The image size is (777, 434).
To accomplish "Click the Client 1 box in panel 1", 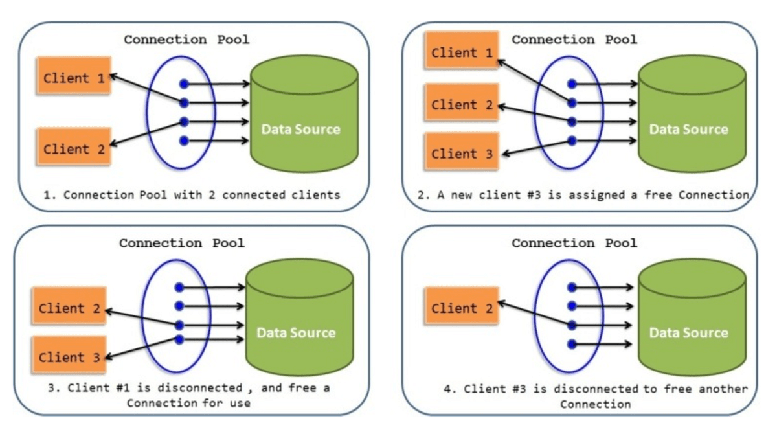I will point(74,78).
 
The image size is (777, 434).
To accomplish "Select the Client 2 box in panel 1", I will point(74,148).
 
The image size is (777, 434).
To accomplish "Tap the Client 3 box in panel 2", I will point(462,154).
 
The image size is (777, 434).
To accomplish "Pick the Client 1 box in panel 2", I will point(462,52).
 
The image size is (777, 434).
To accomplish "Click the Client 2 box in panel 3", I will point(69,308).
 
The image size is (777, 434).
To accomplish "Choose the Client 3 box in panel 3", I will point(69,357).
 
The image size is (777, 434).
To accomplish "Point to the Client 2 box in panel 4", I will point(462,308).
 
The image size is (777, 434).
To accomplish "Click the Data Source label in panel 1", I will point(300,129).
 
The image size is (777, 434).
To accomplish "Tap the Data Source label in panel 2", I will point(688,129).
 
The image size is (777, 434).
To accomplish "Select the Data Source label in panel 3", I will point(296,333).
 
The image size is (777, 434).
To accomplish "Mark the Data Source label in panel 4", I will point(688,333).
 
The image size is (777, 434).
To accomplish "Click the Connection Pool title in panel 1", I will point(186,40).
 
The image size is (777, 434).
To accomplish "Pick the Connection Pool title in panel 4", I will point(574,244).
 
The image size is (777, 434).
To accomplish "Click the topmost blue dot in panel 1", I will point(184,84).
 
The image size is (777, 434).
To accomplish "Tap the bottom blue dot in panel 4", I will point(571,344).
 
